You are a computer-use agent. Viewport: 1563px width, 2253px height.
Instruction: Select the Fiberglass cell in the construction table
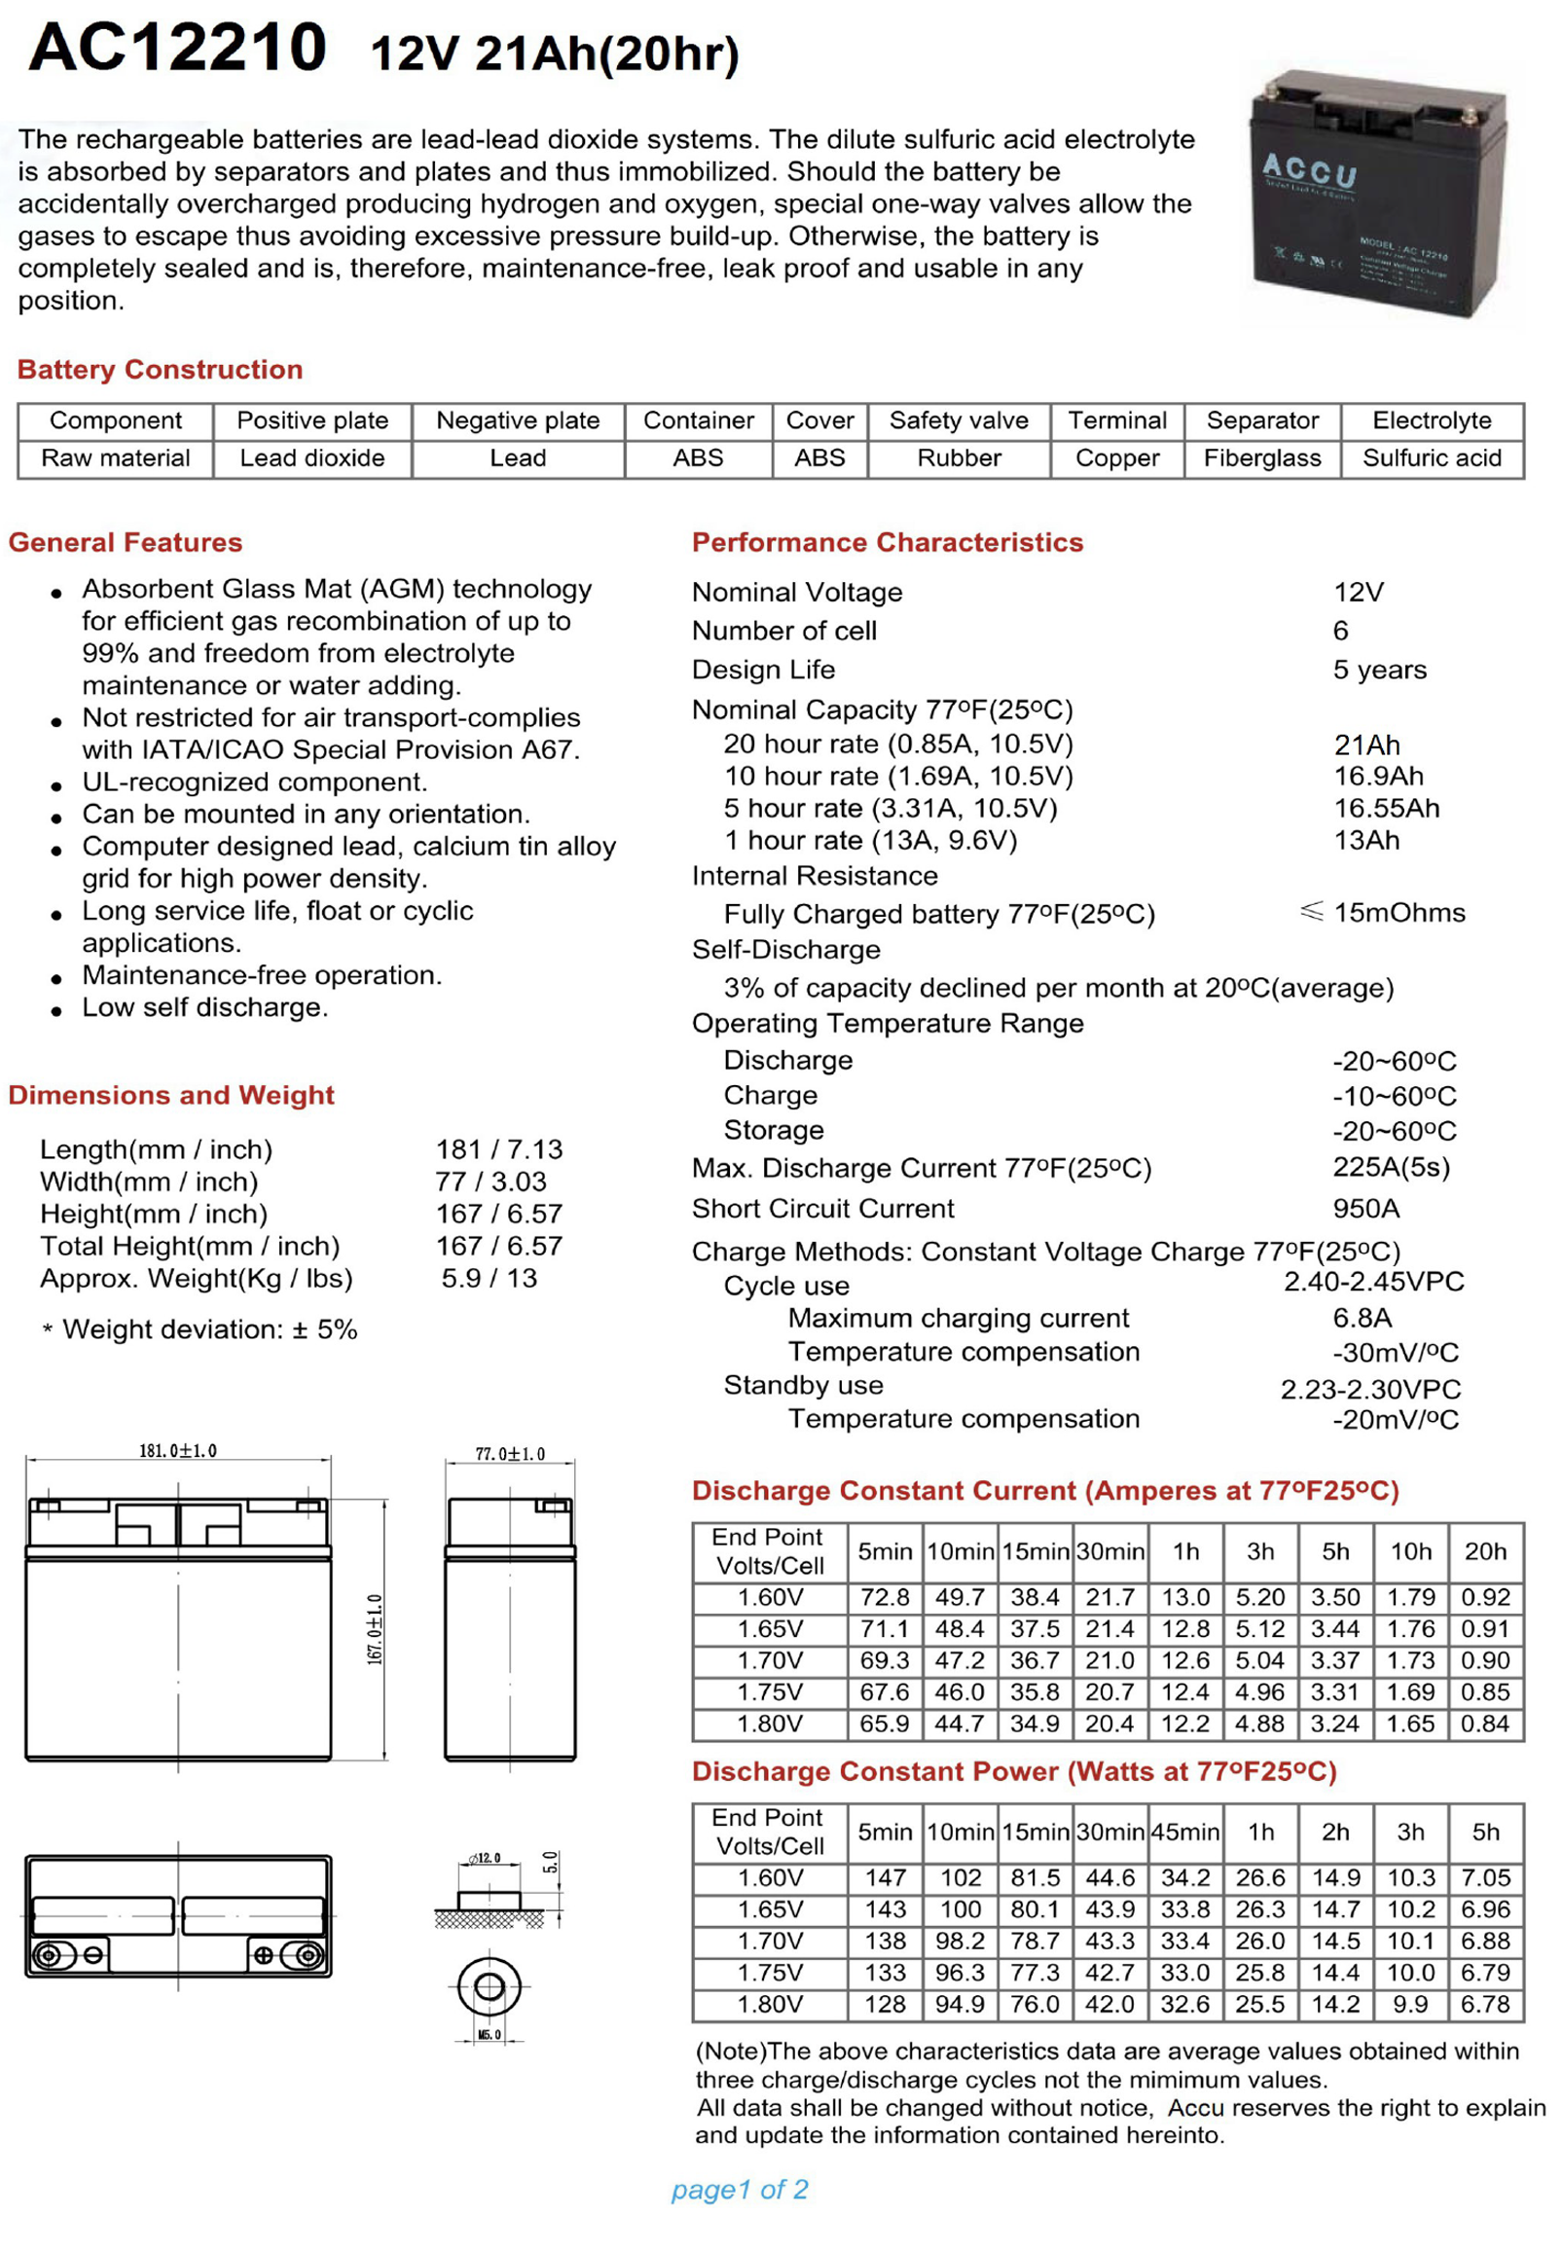(x=1261, y=458)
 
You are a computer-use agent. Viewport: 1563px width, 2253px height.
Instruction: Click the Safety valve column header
(x=958, y=421)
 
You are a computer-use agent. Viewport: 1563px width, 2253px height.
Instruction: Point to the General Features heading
(x=126, y=542)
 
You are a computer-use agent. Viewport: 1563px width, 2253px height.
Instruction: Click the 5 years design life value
(x=1379, y=670)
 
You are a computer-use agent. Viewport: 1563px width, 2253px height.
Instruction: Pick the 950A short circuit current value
(x=1365, y=1209)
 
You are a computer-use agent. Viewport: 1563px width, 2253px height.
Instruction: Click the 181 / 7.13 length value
(x=498, y=1148)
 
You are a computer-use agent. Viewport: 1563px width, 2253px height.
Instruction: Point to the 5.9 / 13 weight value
(x=489, y=1278)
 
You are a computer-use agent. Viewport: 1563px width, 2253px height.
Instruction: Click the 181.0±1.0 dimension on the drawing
(x=177, y=1450)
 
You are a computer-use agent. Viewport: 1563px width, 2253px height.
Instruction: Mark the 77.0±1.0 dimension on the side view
(x=509, y=1454)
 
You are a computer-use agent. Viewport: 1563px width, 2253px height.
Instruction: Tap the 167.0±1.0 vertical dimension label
(x=374, y=1629)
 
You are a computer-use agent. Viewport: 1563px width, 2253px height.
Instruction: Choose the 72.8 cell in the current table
(x=885, y=1597)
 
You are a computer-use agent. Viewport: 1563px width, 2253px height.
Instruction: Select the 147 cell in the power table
(x=885, y=1878)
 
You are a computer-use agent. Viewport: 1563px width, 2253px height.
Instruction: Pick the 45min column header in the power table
(x=1185, y=1832)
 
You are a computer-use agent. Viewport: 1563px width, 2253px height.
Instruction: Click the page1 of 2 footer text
(x=740, y=2190)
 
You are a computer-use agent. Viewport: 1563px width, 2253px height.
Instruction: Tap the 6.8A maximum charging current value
(x=1362, y=1318)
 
